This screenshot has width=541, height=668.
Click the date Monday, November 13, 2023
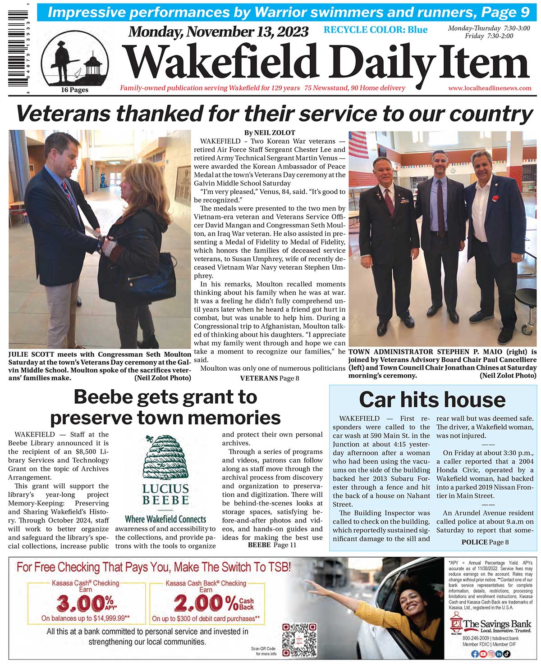click(x=218, y=32)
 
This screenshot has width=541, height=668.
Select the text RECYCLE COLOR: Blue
click(x=375, y=30)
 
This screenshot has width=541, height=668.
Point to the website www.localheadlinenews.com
click(x=490, y=88)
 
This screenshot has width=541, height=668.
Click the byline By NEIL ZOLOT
click(x=270, y=133)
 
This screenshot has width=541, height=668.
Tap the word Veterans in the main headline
click(x=62, y=114)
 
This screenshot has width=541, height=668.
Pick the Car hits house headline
click(x=432, y=400)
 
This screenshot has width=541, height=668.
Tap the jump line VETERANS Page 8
click(x=270, y=378)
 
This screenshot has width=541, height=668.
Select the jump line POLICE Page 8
click(x=485, y=542)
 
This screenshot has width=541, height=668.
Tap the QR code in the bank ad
click(x=299, y=640)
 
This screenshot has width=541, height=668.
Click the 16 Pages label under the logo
click(x=74, y=90)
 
